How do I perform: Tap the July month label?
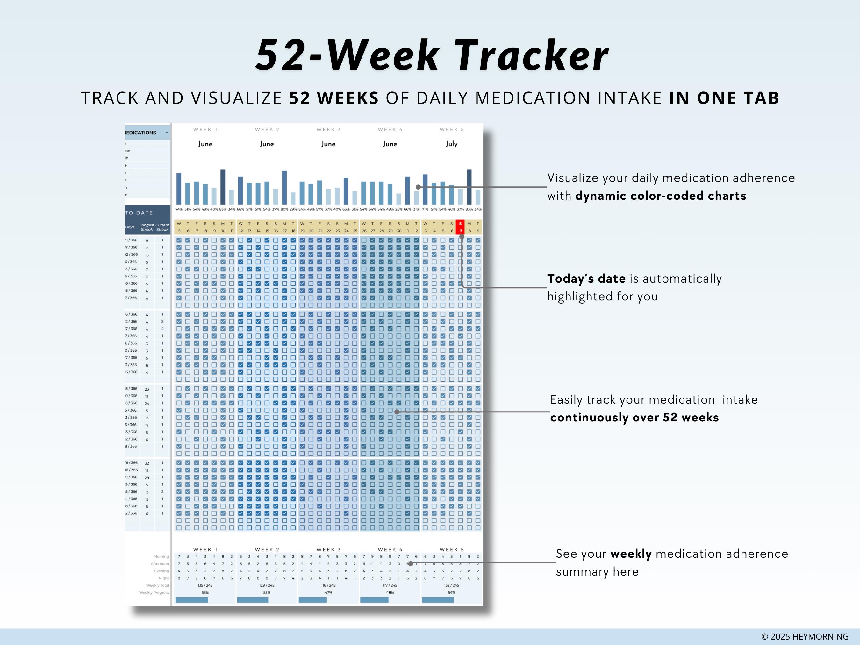(x=451, y=144)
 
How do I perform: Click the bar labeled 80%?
(x=284, y=188)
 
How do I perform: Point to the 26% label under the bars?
(x=398, y=209)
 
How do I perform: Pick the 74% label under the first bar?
(x=179, y=209)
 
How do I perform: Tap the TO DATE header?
(x=139, y=213)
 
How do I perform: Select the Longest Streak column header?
(x=147, y=227)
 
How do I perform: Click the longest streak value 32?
(x=147, y=463)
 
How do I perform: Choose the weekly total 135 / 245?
(x=205, y=585)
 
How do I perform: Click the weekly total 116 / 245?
(x=328, y=585)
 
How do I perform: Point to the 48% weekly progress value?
(x=390, y=593)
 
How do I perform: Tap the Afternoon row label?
(x=160, y=564)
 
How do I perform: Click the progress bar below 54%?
(x=438, y=600)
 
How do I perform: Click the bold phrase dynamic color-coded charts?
(x=661, y=196)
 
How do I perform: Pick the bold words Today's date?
(x=586, y=279)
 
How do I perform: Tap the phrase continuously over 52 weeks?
(x=634, y=418)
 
